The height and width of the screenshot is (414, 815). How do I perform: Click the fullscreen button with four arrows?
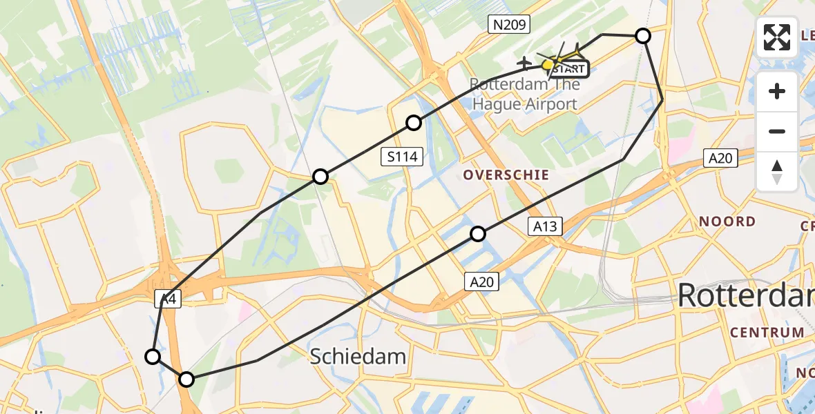pos(777,37)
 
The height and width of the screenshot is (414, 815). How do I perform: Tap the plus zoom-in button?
pos(777,91)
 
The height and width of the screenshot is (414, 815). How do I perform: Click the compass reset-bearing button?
pos(777,171)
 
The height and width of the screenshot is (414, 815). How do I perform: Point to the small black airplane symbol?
pos(525,63)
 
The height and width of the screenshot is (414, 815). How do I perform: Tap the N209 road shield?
pos(509,26)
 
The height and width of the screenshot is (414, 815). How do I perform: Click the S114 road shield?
pos(402,157)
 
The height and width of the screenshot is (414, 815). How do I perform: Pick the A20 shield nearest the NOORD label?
pos(720,159)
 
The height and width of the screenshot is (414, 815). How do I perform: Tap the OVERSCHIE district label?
pos(506,175)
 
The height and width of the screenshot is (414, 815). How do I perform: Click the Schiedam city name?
pos(358,356)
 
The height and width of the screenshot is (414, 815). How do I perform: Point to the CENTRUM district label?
pos(767,333)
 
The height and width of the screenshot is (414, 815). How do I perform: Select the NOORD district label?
pos(727,221)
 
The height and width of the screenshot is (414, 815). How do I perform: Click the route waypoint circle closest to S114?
pos(413,123)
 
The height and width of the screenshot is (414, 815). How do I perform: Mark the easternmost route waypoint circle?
pos(643,36)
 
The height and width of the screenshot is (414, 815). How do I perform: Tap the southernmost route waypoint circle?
pos(186,379)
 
